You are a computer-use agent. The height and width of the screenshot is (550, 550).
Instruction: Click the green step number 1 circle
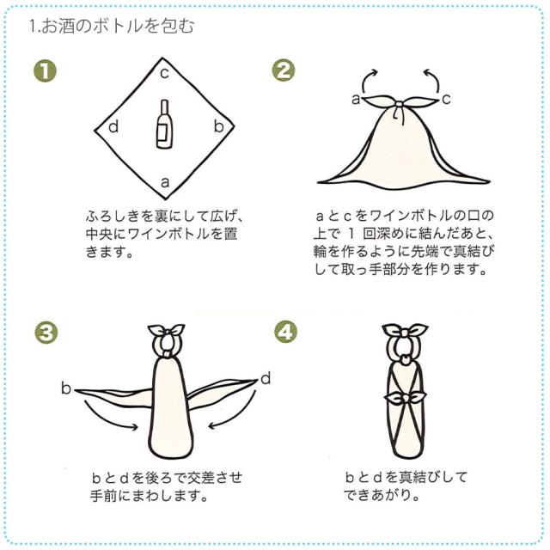(x=45, y=72)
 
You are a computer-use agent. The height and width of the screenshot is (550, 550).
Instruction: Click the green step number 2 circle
(x=284, y=70)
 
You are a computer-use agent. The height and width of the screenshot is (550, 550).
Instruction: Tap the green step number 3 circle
(x=46, y=333)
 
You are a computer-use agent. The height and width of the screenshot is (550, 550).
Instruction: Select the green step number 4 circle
(x=285, y=332)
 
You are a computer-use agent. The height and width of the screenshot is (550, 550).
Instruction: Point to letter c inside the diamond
(x=164, y=74)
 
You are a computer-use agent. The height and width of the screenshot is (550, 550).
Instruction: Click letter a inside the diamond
(x=165, y=182)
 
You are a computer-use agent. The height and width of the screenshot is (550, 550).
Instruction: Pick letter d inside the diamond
(x=113, y=126)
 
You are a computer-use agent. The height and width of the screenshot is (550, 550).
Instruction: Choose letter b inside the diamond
(x=218, y=125)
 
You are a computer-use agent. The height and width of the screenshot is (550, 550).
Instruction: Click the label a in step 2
(x=356, y=100)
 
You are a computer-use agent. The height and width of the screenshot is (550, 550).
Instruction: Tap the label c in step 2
(x=446, y=100)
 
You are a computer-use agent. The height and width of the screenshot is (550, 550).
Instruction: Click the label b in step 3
(x=66, y=388)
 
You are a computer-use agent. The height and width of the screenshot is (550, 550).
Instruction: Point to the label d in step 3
(x=266, y=379)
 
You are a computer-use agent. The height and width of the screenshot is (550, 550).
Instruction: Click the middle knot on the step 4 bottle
(x=406, y=397)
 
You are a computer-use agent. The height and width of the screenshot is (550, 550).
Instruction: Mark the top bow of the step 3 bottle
(x=166, y=330)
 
